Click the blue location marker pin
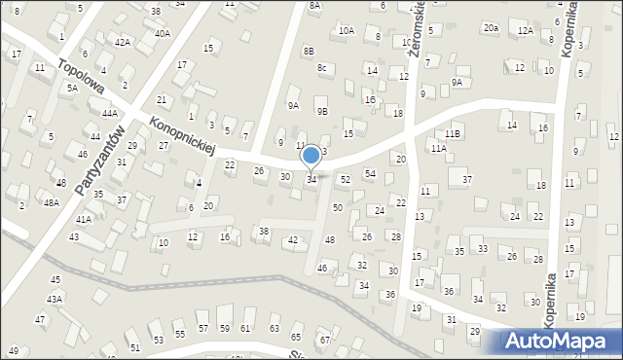(311, 156)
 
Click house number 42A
(122, 42)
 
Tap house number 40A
(162, 33)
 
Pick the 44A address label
(110, 113)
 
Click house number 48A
(51, 202)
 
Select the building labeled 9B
(323, 111)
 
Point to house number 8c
(321, 67)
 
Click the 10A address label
(346, 30)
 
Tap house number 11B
(452, 132)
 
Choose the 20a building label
(491, 28)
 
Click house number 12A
(526, 31)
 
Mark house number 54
(370, 173)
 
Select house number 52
(345, 180)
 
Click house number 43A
(55, 299)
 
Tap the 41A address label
(84, 220)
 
